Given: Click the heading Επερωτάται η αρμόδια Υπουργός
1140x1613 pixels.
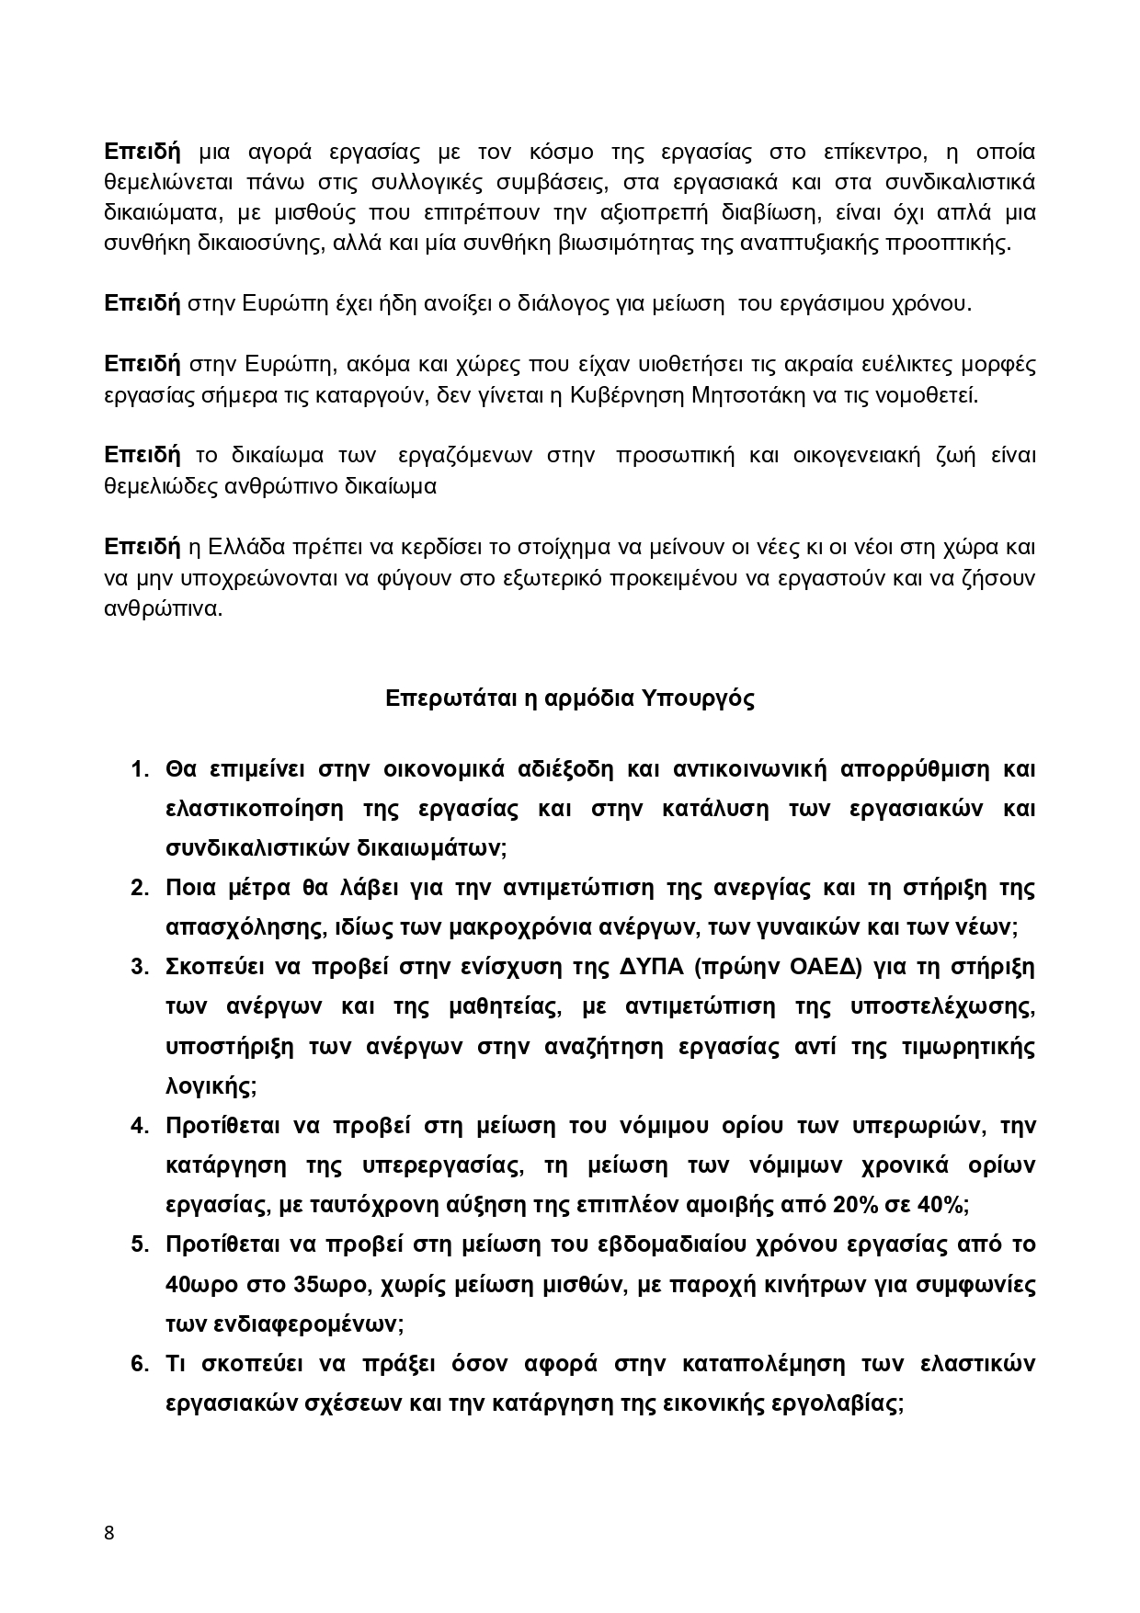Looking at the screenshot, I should [570, 698].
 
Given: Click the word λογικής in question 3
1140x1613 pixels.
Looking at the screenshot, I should [209, 1085].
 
